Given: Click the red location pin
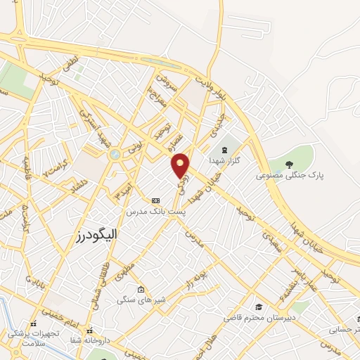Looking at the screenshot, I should pyautogui.click(x=181, y=166).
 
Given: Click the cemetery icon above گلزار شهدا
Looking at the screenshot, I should pyautogui.click(x=225, y=150).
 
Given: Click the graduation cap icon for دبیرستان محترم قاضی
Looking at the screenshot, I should pyautogui.click(x=259, y=307).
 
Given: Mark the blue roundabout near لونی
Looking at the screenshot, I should pyautogui.click(x=112, y=154).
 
